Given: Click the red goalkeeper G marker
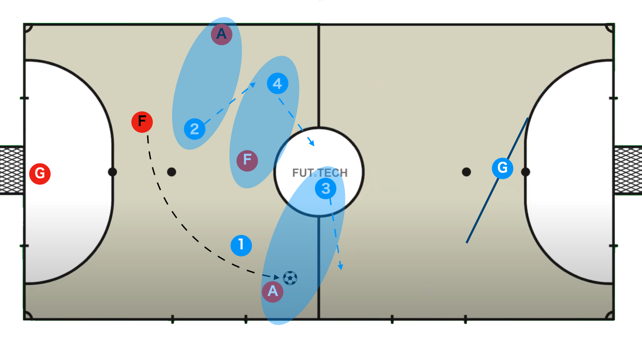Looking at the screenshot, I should tap(40, 174).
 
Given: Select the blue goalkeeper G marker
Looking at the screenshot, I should tap(502, 168).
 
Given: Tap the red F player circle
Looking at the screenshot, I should tap(142, 122).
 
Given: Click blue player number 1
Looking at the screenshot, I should tap(241, 245).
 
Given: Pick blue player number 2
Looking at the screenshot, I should tap(195, 129).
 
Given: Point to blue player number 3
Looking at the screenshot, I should tap(326, 188).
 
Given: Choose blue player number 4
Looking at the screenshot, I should tap(277, 83).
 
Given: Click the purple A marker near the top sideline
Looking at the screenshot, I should tap(221, 34).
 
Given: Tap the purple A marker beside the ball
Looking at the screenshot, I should tap(273, 292).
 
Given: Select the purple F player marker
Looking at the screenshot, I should tap(247, 161).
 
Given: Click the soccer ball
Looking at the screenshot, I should tap(290, 278).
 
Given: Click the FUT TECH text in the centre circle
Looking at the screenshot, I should tap(320, 173).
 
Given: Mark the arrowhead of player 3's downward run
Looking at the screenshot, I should tap(340, 267).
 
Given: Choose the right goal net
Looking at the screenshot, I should tap(628, 170).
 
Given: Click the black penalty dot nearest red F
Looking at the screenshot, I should tap(172, 172).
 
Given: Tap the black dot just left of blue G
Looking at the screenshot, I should tap(467, 172).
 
